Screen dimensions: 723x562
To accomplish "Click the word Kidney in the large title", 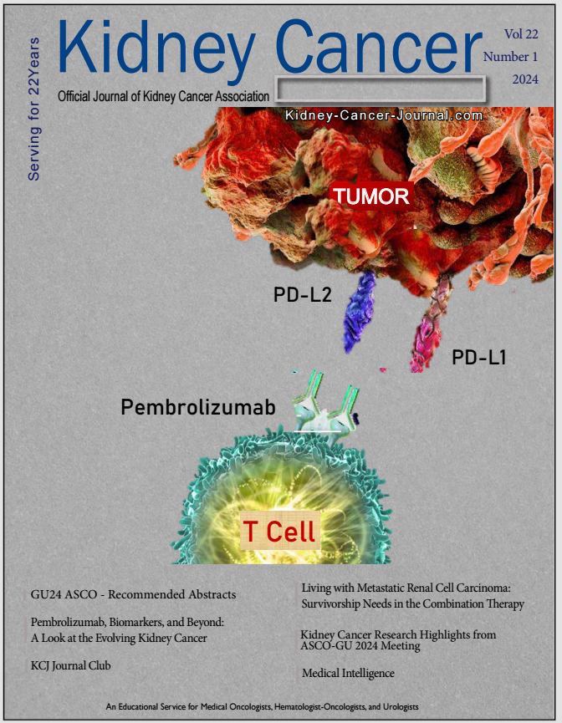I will point(156,48).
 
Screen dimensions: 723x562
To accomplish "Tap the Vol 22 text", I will point(521,33).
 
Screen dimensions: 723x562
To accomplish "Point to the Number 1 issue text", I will point(511,57).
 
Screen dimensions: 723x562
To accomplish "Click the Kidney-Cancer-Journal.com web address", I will point(384,116).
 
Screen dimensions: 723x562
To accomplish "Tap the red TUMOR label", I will point(370,196).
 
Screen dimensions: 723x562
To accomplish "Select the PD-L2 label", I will point(302,295).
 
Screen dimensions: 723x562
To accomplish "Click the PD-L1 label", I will point(479,358).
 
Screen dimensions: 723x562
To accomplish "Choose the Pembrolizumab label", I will point(197,408).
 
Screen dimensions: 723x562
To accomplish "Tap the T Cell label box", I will point(279,531).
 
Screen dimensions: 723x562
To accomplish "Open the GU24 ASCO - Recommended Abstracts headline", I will point(133,594).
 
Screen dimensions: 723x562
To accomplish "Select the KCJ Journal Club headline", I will point(70,665).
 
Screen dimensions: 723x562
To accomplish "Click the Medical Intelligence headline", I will point(348,673).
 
